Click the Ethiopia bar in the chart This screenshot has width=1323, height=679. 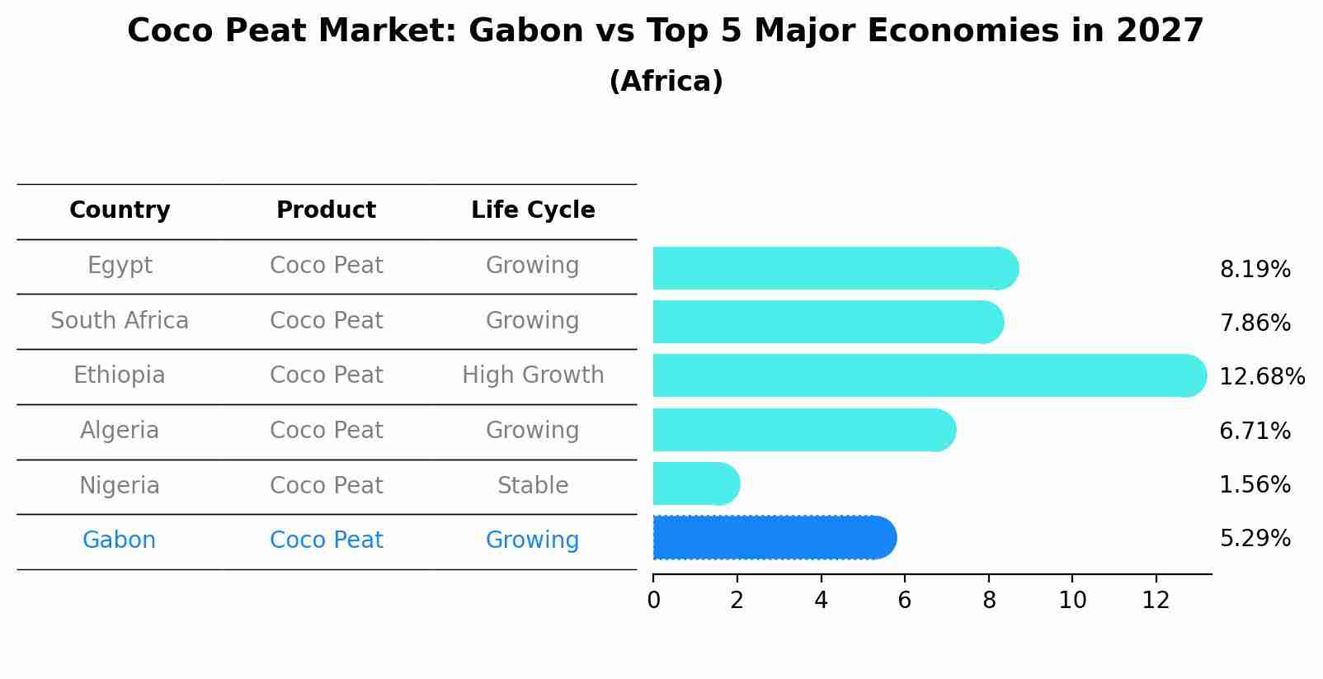930,376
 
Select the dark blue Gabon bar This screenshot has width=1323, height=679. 774,538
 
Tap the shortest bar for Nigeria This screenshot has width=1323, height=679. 696,484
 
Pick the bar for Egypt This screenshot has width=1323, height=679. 836,269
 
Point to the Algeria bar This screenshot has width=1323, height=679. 804,430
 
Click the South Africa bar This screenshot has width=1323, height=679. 829,323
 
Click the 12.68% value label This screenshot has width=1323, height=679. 1262,376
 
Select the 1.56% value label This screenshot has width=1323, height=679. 1255,484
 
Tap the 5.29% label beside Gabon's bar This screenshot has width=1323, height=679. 1255,539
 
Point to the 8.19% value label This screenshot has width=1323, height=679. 1255,270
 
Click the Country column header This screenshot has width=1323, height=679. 120,210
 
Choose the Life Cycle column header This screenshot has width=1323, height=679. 533,210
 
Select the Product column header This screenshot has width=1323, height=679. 326,210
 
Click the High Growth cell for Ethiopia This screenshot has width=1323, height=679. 533,375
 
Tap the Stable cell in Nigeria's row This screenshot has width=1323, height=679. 533,485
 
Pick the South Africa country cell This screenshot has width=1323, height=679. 120,320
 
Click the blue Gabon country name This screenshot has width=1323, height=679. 120,540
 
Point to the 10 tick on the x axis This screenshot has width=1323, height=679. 1072,601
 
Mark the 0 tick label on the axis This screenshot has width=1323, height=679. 654,601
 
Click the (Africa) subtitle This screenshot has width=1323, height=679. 666,81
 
